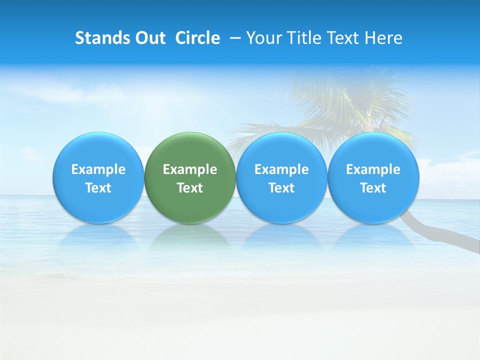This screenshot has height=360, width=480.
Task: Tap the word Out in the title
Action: (x=149, y=38)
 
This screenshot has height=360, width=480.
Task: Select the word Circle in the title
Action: (x=197, y=38)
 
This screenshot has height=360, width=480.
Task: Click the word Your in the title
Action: (x=262, y=38)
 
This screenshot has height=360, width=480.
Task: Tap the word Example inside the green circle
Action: (x=190, y=169)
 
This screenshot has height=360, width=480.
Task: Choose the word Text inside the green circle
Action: (x=190, y=188)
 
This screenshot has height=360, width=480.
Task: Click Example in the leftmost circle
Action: (x=98, y=169)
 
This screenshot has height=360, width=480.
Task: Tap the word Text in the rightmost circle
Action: (x=373, y=188)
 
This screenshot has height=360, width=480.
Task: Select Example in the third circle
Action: (x=281, y=169)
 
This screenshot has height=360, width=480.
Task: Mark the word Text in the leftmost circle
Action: (x=98, y=188)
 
